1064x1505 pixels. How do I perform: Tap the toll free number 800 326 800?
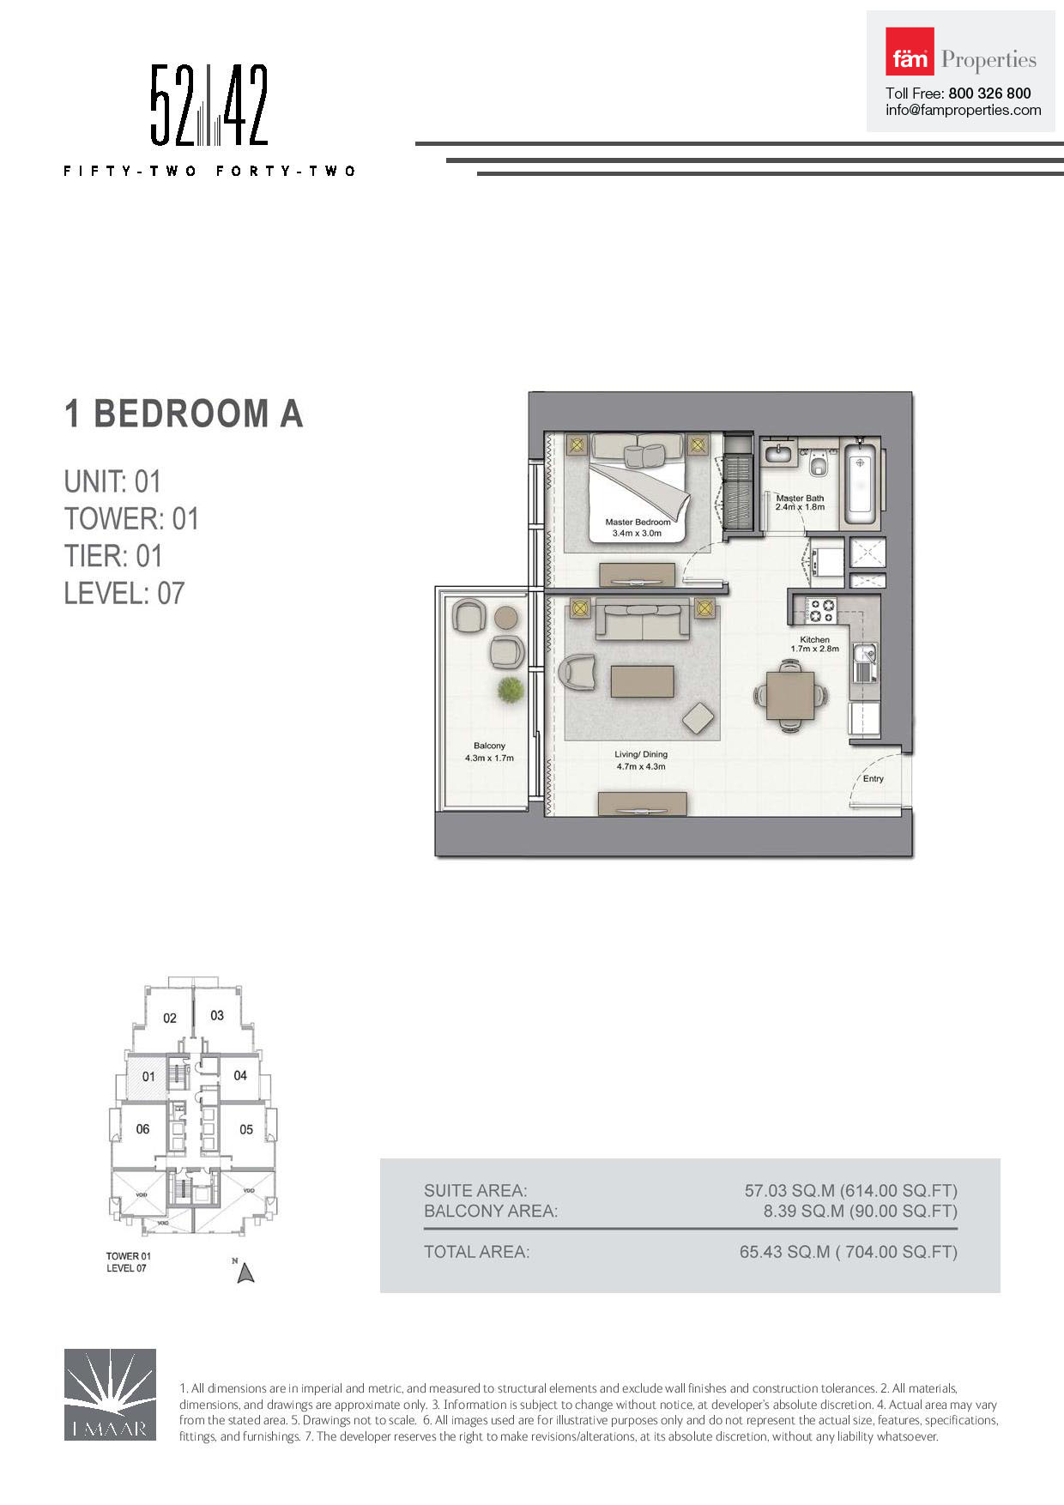[988, 94]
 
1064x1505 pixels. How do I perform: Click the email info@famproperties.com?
[963, 111]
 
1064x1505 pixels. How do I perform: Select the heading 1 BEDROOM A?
[184, 414]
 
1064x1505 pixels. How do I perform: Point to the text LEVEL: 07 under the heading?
[124, 593]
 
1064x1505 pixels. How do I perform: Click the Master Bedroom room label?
[638, 522]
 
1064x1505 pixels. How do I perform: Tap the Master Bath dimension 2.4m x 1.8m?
[800, 507]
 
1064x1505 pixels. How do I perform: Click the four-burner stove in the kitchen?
[822, 610]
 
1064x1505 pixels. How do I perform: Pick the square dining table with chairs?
[790, 696]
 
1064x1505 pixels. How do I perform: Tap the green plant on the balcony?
[510, 690]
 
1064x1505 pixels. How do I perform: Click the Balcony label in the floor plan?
[489, 746]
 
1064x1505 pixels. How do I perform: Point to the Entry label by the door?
[873, 779]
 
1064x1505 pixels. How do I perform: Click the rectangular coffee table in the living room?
[642, 681]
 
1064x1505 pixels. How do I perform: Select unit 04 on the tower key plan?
[240, 1075]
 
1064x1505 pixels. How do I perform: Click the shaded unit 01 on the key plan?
[148, 1077]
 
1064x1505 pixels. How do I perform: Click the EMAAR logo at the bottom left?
[110, 1394]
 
